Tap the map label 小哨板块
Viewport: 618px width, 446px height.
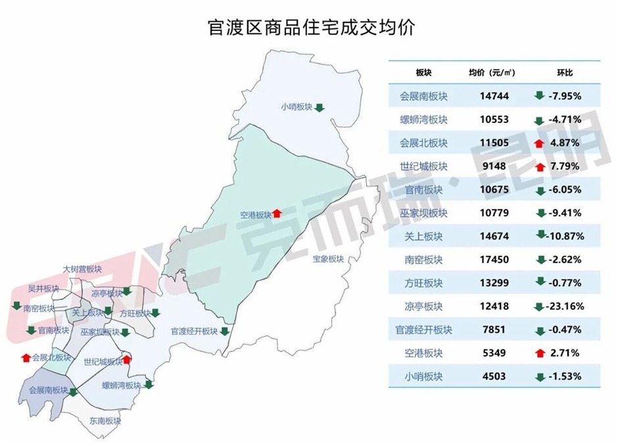tap(296, 107)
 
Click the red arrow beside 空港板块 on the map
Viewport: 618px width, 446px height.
tap(277, 213)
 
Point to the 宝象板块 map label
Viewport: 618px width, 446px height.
tap(328, 259)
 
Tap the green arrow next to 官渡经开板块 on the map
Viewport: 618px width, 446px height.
tap(224, 331)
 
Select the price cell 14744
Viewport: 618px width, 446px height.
tap(494, 96)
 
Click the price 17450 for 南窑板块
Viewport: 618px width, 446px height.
tap(494, 259)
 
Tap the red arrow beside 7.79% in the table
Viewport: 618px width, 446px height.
tap(540, 167)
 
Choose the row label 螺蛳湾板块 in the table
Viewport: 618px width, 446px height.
tap(423, 120)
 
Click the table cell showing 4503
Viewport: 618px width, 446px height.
tap(494, 377)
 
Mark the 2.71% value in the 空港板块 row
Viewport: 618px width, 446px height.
tap(564, 353)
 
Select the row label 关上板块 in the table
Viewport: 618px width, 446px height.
tap(423, 236)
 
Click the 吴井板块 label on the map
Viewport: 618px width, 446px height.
tap(43, 289)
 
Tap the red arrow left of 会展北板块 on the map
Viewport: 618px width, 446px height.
tap(26, 358)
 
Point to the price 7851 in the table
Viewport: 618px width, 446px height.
tap(494, 330)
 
